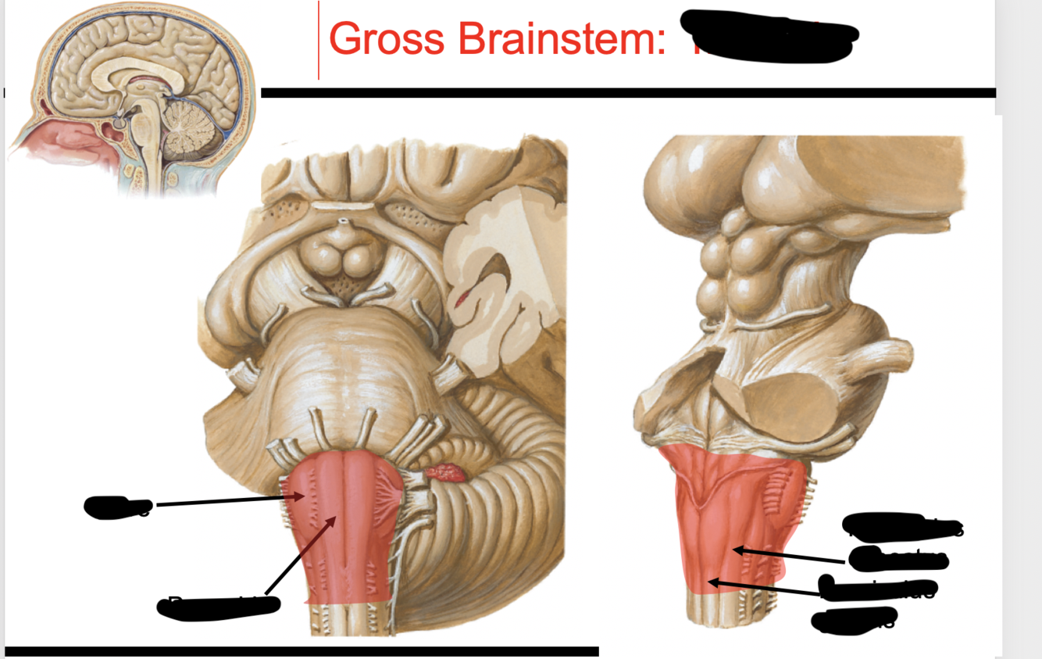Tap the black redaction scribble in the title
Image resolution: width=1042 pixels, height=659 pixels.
pyautogui.click(x=769, y=36)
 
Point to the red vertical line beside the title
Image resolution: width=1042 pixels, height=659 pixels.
pyautogui.click(x=319, y=40)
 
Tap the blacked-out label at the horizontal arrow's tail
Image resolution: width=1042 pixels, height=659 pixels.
pyautogui.click(x=117, y=507)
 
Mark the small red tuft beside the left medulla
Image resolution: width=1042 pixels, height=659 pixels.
pyautogui.click(x=444, y=472)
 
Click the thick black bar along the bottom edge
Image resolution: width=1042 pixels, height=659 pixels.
pyautogui.click(x=302, y=651)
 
